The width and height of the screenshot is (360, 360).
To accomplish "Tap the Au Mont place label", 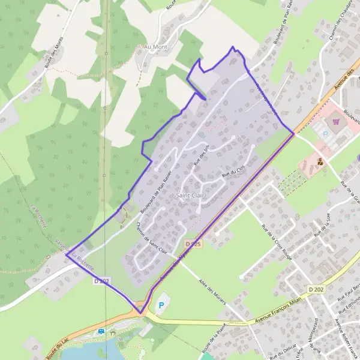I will coord(154,46).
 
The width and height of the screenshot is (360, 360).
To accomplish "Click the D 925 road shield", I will coord(193,244).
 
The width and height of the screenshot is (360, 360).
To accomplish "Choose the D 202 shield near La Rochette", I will coord(101,280).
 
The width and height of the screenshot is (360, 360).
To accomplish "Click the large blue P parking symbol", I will coord(160,306).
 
